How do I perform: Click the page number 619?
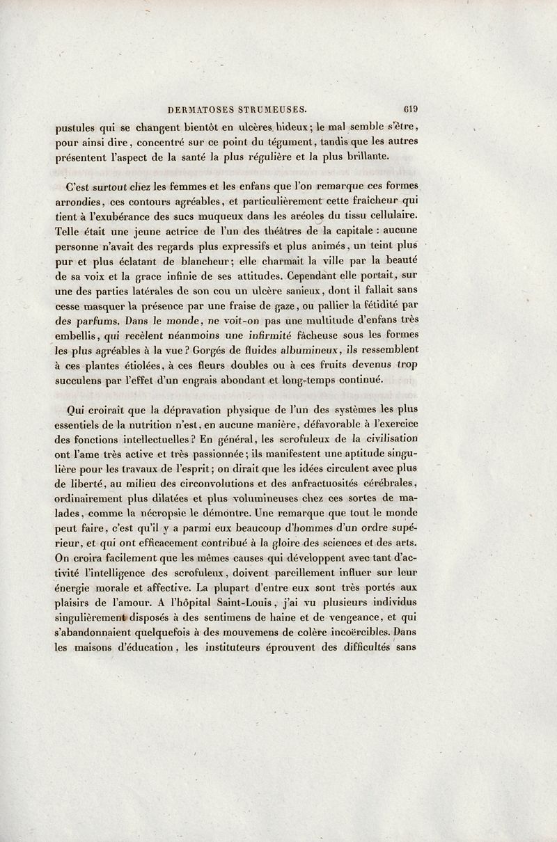tap(409, 109)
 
